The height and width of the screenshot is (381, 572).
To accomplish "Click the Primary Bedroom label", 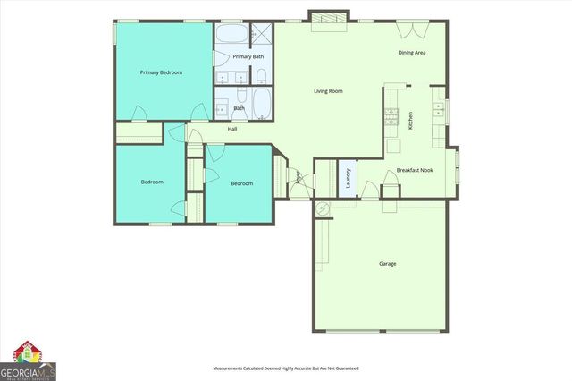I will (x=161, y=72).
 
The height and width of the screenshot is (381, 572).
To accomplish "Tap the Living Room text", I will (x=328, y=91).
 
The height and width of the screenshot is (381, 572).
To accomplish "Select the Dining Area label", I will (x=411, y=53).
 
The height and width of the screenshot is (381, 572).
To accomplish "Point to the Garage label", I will (x=387, y=264).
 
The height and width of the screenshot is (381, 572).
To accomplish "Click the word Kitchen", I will (x=410, y=121).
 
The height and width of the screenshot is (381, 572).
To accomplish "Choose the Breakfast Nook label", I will (x=415, y=170).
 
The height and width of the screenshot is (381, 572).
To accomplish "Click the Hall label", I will (x=232, y=129).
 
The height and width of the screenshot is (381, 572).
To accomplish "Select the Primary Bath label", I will (x=248, y=57).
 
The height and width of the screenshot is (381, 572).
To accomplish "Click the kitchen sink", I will (x=438, y=109).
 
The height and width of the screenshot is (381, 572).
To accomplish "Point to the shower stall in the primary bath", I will (x=261, y=34).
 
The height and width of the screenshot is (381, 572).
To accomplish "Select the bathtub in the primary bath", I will (x=231, y=34).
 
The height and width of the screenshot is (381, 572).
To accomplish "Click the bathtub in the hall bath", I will (x=261, y=104).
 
